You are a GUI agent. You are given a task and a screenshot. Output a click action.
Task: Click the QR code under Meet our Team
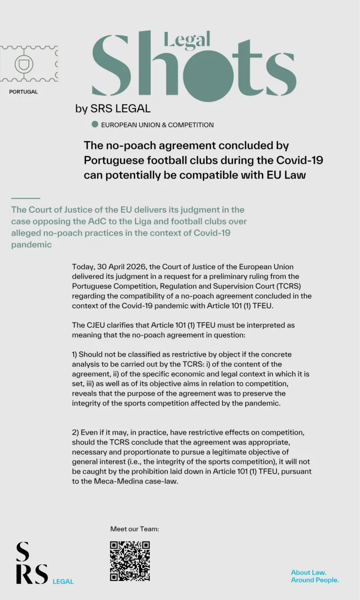[130, 561]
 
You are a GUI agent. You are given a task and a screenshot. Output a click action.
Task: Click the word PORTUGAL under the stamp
[23, 92]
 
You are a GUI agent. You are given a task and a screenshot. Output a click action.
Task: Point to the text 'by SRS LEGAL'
[113, 108]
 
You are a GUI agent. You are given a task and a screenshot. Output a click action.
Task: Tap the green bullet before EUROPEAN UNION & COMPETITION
[94, 125]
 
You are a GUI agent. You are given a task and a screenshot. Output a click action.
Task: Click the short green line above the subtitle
[26, 198]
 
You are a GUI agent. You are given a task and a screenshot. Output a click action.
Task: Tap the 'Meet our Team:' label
[135, 529]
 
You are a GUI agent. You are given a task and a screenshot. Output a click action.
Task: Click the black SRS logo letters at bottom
[31, 563]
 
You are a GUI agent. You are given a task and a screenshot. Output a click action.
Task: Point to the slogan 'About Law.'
[309, 573]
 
